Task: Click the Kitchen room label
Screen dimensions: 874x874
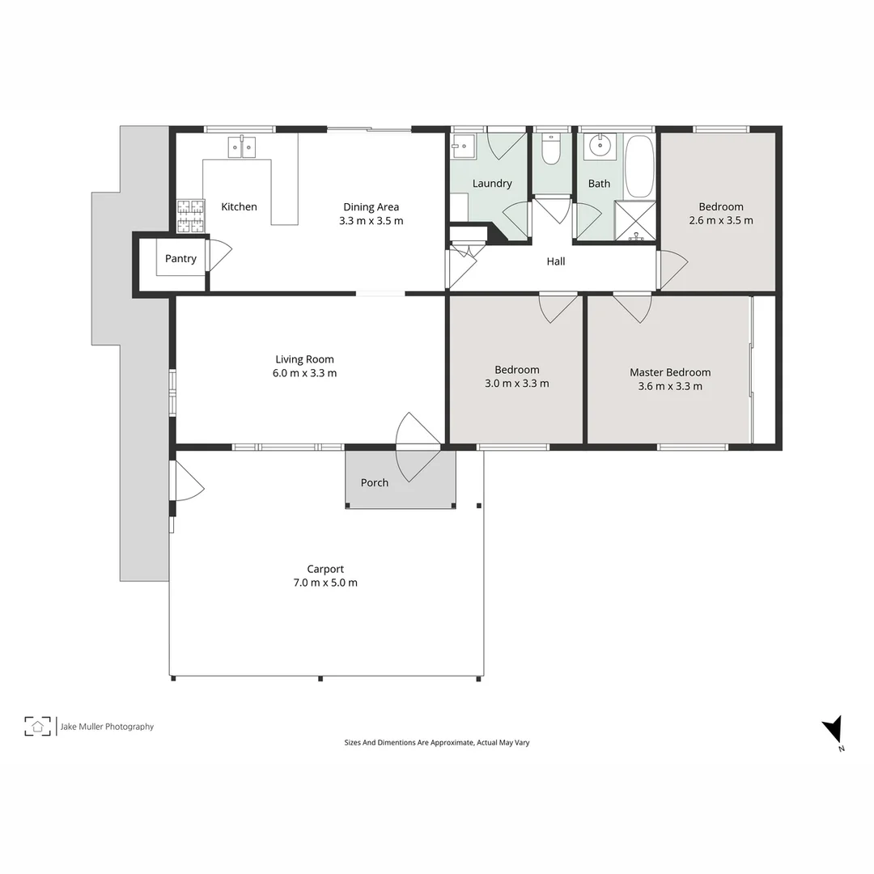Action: click(x=239, y=207)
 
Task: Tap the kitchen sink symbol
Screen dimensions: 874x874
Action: click(x=241, y=147)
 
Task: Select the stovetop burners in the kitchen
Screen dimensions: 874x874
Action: click(x=190, y=215)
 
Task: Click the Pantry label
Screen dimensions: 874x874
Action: click(x=180, y=259)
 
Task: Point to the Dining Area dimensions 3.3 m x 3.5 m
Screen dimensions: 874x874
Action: click(x=371, y=221)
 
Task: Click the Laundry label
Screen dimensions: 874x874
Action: click(x=492, y=184)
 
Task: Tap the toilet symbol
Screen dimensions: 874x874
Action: click(x=551, y=150)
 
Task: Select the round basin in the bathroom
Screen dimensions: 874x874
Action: click(x=600, y=146)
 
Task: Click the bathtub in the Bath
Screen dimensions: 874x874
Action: click(x=639, y=166)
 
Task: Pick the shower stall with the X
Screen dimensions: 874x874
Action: click(x=635, y=221)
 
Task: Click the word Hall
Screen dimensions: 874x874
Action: click(x=556, y=261)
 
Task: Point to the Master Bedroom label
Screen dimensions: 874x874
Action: click(x=670, y=372)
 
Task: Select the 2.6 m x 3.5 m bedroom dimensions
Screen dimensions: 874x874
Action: click(x=721, y=221)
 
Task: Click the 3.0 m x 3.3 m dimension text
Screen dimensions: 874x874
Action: click(x=516, y=384)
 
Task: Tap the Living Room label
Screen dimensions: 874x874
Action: click(x=304, y=359)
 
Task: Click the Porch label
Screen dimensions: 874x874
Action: click(x=375, y=483)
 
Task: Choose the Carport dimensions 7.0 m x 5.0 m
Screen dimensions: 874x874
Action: click(x=325, y=583)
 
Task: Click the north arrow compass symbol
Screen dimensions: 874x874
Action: click(x=833, y=730)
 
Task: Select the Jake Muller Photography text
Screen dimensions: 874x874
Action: click(x=107, y=727)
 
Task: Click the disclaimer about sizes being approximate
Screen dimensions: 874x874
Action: click(x=437, y=742)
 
